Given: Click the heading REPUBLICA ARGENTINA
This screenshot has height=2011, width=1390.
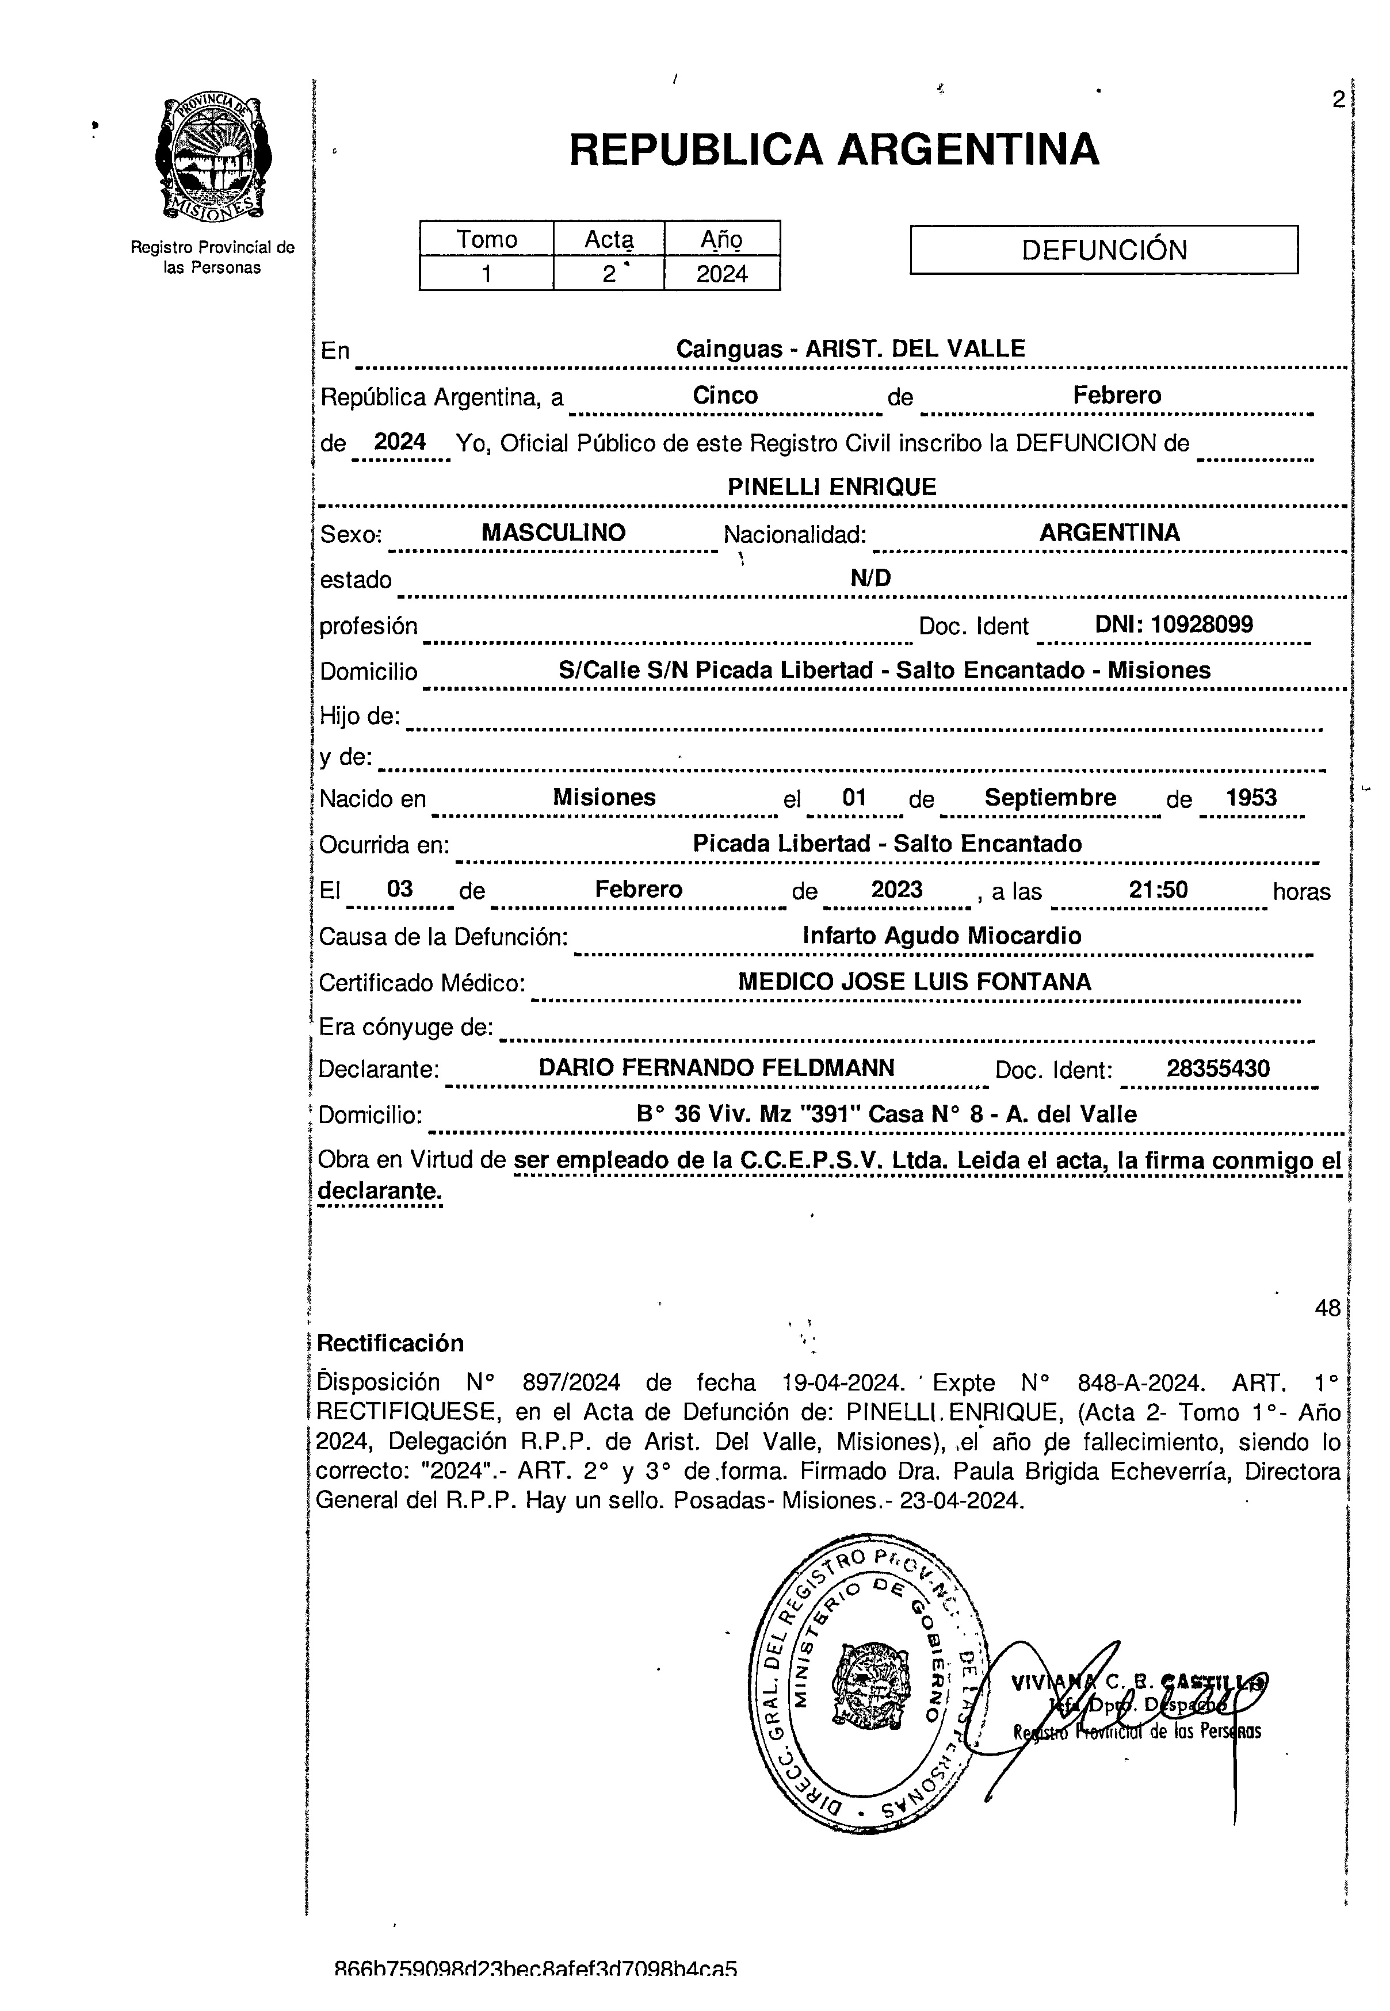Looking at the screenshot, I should pyautogui.click(x=834, y=150).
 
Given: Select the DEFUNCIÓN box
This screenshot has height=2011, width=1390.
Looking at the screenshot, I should pyautogui.click(x=1103, y=250).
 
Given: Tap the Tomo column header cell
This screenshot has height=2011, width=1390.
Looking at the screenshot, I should pyautogui.click(x=487, y=239).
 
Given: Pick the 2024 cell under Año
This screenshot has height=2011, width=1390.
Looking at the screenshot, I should pyautogui.click(x=722, y=274).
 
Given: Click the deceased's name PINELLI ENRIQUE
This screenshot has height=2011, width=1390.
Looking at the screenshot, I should pyautogui.click(x=832, y=487).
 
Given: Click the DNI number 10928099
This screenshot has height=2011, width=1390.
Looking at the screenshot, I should pyautogui.click(x=1201, y=624).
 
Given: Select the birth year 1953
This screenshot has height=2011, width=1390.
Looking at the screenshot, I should pyautogui.click(x=1251, y=798).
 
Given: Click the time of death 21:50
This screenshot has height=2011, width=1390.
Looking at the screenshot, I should pyautogui.click(x=1158, y=890).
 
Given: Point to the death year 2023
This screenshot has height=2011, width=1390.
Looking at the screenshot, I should pyautogui.click(x=897, y=890).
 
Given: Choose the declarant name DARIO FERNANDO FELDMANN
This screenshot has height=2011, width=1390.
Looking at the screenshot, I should pyautogui.click(x=716, y=1068).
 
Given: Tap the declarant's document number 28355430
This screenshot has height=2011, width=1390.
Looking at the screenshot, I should pyautogui.click(x=1217, y=1068).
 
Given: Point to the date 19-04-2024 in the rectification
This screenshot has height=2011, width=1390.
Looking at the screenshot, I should pyautogui.click(x=841, y=1382).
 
